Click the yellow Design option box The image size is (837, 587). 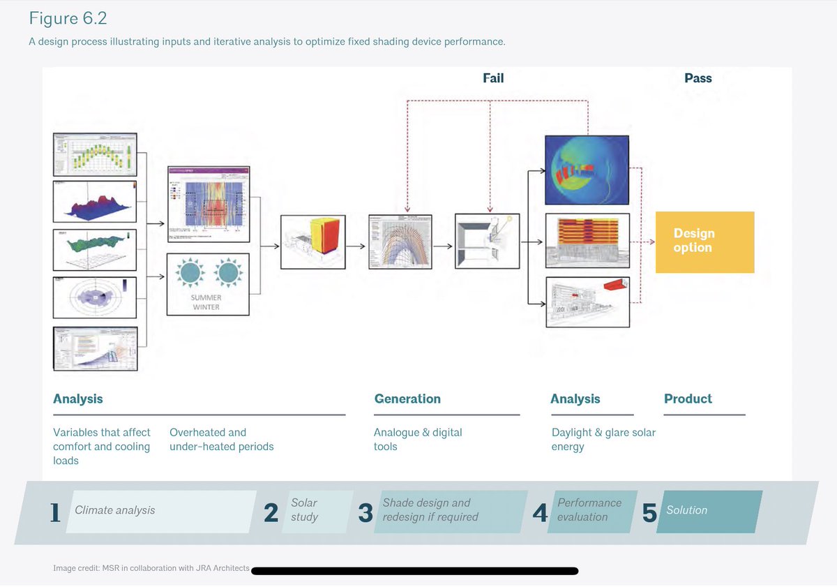point(704,242)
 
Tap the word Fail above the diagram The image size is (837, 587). point(493,78)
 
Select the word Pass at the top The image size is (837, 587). point(697,78)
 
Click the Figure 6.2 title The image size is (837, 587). point(68,18)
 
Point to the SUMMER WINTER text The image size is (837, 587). point(206,302)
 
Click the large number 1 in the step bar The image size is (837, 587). point(55,513)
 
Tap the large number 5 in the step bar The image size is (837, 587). point(649,513)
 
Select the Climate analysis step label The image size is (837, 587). point(115,510)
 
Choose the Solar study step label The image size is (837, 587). point(304,510)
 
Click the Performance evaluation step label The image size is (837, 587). point(589,510)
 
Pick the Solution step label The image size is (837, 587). point(686,510)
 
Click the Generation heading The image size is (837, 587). point(407,399)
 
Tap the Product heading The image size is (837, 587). point(688,399)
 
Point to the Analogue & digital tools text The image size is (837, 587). point(418,440)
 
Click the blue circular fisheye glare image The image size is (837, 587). point(588,170)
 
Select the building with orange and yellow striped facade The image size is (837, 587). point(588,240)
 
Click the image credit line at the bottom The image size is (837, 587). point(151,568)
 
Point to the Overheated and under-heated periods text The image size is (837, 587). point(221,440)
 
